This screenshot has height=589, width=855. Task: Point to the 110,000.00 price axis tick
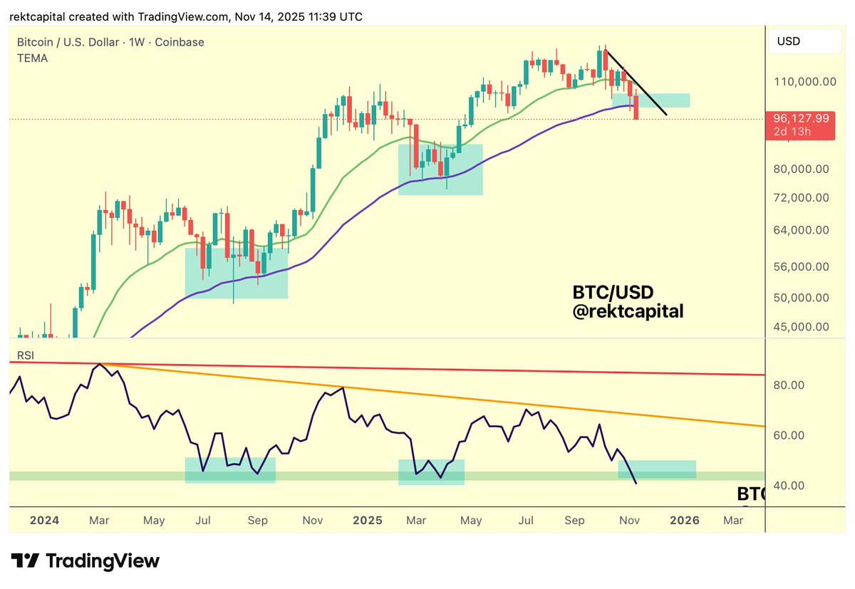(804, 81)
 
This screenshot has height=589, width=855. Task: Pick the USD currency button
(789, 41)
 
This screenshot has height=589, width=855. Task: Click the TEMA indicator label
(32, 58)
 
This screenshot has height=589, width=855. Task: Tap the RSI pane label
(26, 354)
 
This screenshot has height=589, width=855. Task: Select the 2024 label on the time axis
(44, 520)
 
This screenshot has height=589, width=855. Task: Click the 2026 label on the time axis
(684, 520)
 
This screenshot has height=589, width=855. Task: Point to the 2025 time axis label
(368, 520)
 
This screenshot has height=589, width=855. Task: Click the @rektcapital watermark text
(628, 311)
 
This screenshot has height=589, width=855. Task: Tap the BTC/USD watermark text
(613, 292)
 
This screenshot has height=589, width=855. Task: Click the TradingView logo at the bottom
(85, 561)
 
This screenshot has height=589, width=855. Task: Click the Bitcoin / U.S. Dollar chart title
(110, 42)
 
